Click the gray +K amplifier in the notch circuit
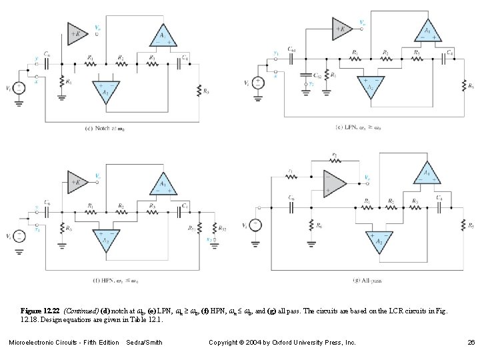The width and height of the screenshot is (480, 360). point(75,31)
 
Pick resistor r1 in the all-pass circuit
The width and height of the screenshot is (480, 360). point(291,178)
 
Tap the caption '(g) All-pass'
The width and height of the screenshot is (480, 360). point(369,281)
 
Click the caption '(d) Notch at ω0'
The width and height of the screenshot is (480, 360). point(105,129)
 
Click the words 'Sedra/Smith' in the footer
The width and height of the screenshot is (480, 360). point(143,343)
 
